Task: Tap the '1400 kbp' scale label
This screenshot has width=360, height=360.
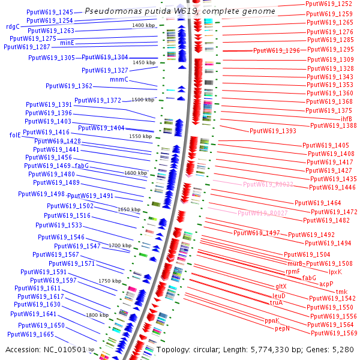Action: pos(143,25)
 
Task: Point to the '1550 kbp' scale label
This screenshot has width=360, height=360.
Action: pos(140,137)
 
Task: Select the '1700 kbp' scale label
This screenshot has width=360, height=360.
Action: pos(120,245)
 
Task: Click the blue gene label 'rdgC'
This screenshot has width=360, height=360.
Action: pos(13,26)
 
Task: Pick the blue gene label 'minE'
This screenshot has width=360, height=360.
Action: pos(67,43)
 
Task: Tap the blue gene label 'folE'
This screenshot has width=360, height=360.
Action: pos(15,135)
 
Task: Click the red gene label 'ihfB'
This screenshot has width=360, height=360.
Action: pos(346,119)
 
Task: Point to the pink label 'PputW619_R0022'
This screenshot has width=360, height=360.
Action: pos(268,184)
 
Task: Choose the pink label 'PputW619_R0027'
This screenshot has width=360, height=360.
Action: pos(263,213)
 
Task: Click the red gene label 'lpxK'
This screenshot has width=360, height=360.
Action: pos(335,272)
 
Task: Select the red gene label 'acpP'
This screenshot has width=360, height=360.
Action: pos(326,284)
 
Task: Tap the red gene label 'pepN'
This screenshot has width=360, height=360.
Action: pos(283,328)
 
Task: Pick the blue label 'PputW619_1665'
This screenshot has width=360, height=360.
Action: pos(31,334)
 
